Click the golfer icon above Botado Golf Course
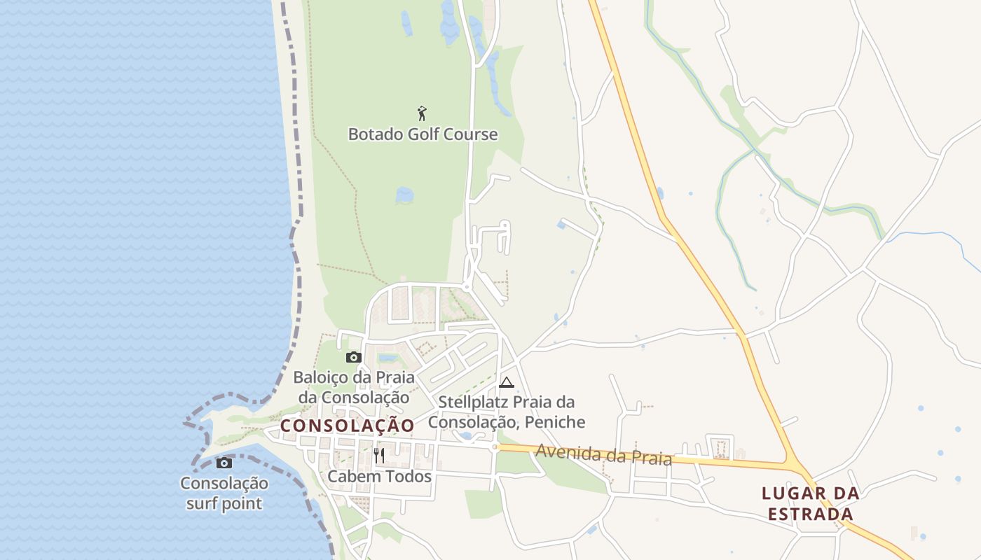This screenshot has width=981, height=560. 422,113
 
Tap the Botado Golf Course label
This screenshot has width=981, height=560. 423,134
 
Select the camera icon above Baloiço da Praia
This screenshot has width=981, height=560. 353,358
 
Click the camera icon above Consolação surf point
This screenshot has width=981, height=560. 224,463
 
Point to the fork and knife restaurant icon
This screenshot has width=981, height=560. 379,456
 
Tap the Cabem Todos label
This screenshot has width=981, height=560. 379,477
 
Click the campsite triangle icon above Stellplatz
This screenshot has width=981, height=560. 506,382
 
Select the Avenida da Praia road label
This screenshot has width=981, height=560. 603,455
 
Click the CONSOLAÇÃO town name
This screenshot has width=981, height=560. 348,425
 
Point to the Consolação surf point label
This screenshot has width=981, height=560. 224,493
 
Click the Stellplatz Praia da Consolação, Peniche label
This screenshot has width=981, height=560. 507,412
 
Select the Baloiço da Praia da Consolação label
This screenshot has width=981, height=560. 353,387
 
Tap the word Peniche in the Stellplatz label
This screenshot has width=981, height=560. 558,422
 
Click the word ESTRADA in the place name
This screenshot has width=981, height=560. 811,514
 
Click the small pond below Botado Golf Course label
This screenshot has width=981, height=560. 404,195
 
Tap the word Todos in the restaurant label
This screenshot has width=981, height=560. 409,477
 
